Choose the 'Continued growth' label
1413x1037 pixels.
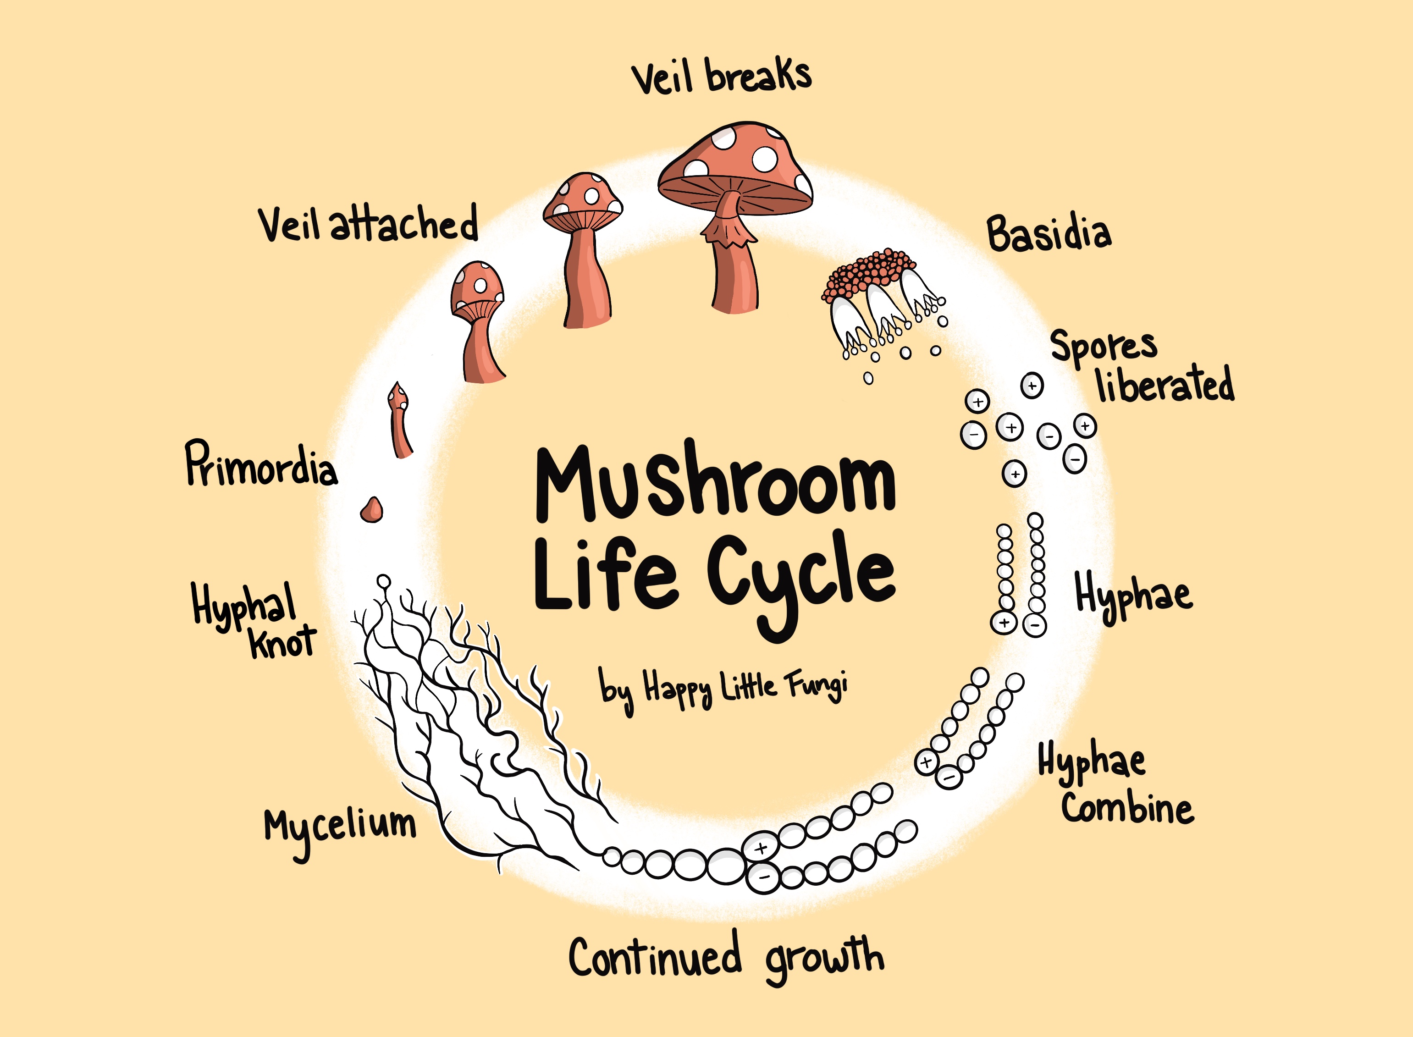[726, 958]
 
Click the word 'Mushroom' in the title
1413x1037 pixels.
[716, 483]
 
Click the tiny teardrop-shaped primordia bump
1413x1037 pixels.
[372, 510]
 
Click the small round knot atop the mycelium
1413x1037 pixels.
[384, 581]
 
